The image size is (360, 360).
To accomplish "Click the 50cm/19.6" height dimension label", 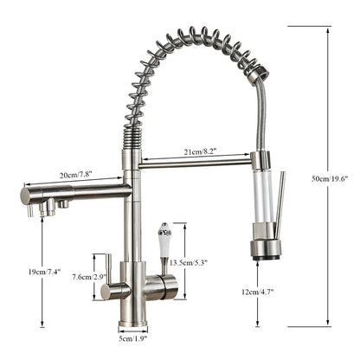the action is point(330,178).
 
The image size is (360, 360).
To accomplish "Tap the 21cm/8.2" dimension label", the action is point(200,151).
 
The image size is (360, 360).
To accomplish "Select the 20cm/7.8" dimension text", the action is point(75,176).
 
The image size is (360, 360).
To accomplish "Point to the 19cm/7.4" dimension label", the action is point(44,272).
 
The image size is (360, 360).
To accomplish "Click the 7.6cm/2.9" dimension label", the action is point(89,277).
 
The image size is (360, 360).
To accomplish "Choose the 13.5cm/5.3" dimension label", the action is point(189,263).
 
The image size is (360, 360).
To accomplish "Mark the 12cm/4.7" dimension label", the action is point(258,292).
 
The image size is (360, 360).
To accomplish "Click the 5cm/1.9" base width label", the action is point(133,338).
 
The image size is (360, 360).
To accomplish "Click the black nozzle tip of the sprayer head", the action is point(267,257).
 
